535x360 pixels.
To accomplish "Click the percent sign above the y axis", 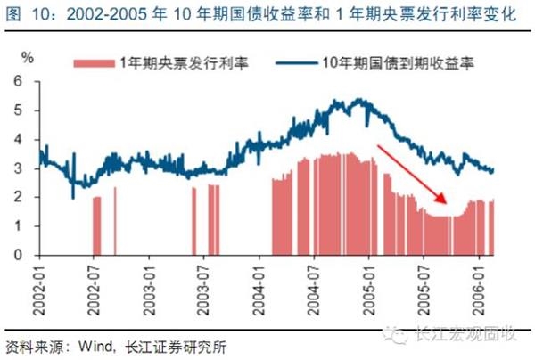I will coord(28,58).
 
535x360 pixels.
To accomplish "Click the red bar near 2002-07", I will coord(96,225).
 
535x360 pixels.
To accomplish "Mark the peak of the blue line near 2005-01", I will coord(358,99).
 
